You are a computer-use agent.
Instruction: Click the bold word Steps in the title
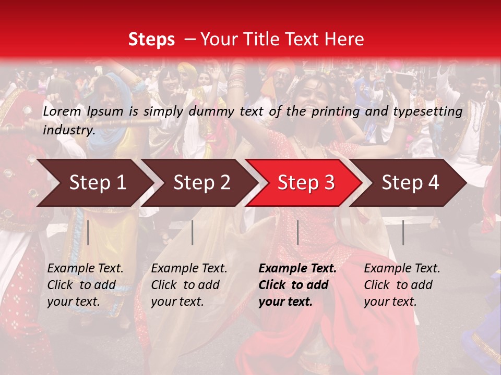point(151,40)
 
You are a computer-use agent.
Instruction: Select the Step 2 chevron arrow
point(201,183)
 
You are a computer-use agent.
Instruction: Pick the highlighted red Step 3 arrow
point(306,183)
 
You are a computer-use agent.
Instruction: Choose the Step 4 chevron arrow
point(410,183)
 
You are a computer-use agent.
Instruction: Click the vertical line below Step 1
point(88,232)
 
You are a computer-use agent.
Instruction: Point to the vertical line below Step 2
point(193,232)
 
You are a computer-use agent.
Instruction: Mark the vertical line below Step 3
point(297,232)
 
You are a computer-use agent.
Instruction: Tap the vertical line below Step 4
point(403,232)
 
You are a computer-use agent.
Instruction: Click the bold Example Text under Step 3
point(297,269)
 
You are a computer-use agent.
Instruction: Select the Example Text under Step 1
point(85,269)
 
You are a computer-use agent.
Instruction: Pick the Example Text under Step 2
point(189,269)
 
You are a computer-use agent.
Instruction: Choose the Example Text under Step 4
point(402,269)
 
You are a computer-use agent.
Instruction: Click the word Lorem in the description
point(62,111)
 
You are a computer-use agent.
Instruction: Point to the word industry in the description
point(68,130)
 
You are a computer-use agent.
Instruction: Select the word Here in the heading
point(345,40)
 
